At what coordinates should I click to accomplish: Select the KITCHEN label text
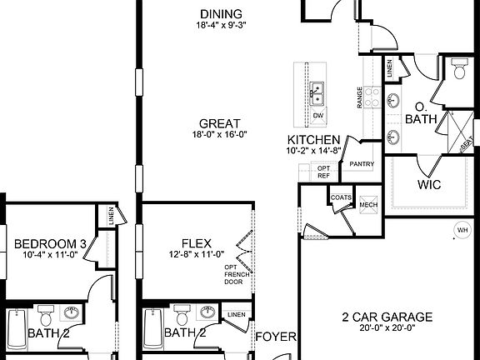tap(312, 139)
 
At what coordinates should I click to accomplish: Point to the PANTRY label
tap(361, 164)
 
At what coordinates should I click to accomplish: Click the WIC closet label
tap(428, 184)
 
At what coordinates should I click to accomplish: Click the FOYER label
tap(274, 337)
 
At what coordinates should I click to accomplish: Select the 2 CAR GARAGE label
tap(387, 317)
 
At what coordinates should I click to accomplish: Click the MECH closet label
tap(367, 204)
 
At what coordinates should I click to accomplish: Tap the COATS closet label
tap(341, 197)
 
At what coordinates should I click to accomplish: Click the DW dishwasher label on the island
tap(317, 114)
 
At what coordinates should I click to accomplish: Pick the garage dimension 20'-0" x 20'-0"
tap(387, 328)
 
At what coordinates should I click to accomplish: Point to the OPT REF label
tap(324, 172)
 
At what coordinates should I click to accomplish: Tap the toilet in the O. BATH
tap(459, 71)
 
